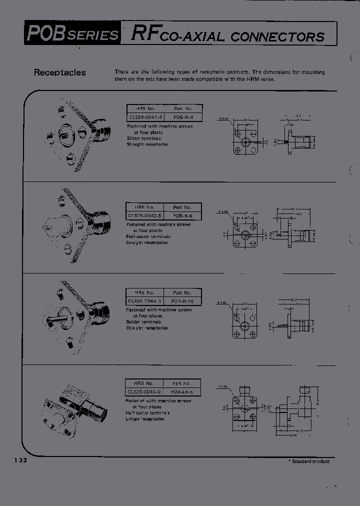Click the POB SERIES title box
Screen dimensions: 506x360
coord(73,33)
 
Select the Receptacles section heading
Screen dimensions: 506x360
coord(59,72)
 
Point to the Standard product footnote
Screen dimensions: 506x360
coord(309,461)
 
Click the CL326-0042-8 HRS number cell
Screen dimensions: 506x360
coord(144,215)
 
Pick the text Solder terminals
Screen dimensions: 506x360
coord(143,322)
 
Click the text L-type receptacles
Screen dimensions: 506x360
coord(145,419)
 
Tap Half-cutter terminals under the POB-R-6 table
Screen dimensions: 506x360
coord(148,236)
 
